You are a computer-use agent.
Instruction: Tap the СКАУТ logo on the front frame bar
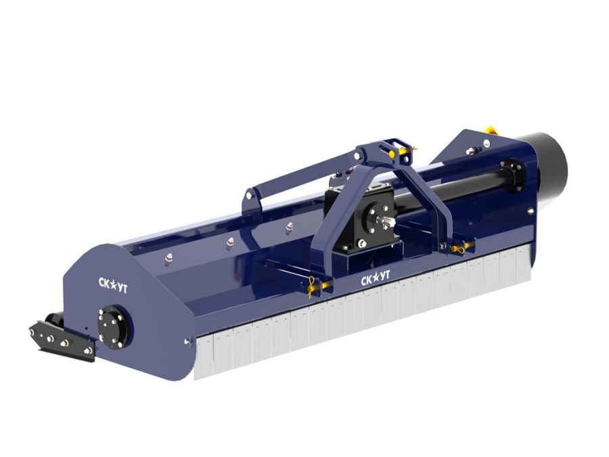[x=375, y=278]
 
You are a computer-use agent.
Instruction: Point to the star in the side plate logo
[x=112, y=285]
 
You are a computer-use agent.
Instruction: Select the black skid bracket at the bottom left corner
[x=62, y=337]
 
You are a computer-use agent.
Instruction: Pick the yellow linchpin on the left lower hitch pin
[x=312, y=287]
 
